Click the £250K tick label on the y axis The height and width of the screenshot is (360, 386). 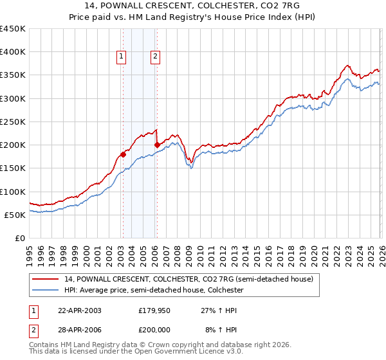(13, 122)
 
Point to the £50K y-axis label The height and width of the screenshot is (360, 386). (15, 215)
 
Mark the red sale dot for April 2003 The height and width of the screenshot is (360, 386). (123, 154)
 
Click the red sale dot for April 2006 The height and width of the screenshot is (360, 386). (157, 145)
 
